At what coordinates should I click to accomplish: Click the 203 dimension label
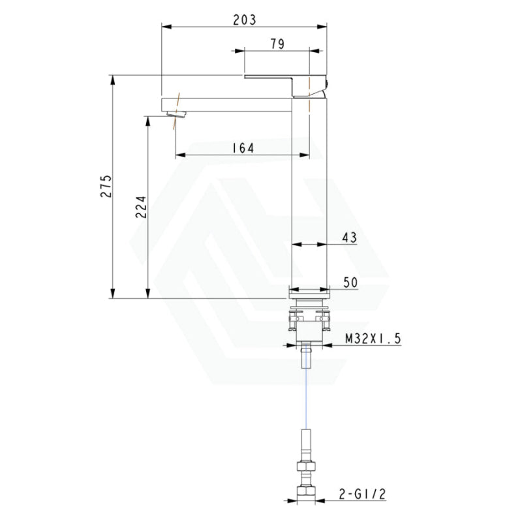244,20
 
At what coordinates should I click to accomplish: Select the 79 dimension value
277,44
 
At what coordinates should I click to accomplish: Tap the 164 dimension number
243,148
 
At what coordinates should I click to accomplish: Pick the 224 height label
141,207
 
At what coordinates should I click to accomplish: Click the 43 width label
350,238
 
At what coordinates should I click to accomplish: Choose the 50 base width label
350,283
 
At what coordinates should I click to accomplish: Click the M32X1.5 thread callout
373,339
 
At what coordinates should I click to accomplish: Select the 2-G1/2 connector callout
363,494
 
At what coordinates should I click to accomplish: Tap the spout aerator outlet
177,115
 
